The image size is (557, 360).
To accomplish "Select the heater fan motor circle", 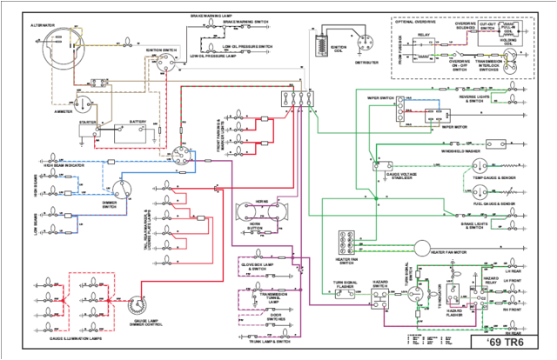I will point(420,250).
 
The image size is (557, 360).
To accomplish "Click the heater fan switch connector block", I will point(348,243).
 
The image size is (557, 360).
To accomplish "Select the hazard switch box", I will point(381,298).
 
